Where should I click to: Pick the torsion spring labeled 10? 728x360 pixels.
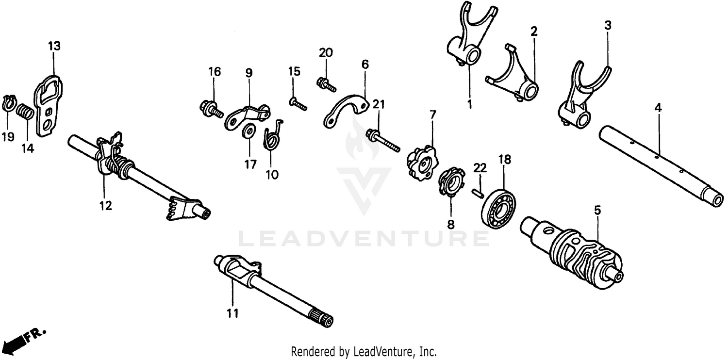(x=272, y=138)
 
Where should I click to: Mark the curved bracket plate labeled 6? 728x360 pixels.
(x=347, y=110)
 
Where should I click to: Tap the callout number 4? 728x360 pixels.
(x=658, y=109)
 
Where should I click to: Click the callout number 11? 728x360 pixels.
(x=233, y=313)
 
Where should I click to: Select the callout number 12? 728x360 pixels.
(x=105, y=206)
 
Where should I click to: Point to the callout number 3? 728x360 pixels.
(x=608, y=25)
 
